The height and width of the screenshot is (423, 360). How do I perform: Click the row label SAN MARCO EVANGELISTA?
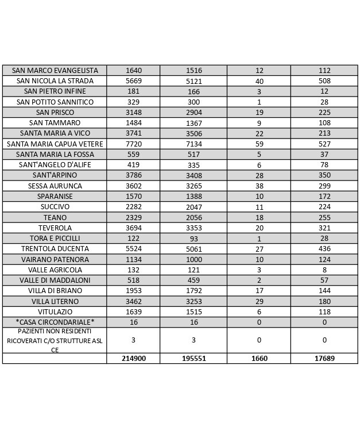click(x=55, y=70)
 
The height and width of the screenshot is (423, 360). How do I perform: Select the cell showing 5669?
click(x=133, y=81)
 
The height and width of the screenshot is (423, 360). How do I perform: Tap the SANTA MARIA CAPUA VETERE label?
click(x=55, y=144)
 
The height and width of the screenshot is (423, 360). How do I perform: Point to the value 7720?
click(x=133, y=144)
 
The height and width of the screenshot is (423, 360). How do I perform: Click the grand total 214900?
click(x=133, y=358)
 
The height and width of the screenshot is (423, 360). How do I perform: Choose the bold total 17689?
click(x=324, y=358)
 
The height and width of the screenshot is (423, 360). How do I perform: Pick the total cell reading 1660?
click(x=259, y=358)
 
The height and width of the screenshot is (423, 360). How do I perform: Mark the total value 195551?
click(x=193, y=358)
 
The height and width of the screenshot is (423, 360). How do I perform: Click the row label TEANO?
click(x=55, y=217)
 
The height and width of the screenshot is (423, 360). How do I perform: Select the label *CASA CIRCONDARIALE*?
click(x=55, y=322)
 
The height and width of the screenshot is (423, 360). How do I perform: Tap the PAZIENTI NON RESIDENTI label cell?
click(x=55, y=340)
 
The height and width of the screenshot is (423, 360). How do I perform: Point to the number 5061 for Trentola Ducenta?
click(x=193, y=249)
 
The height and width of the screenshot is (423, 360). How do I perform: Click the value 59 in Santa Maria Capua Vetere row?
click(x=259, y=144)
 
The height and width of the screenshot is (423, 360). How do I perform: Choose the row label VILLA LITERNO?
click(x=55, y=301)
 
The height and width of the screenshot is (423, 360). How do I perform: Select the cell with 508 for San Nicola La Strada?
click(x=324, y=81)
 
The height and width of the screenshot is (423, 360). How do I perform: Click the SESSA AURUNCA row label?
click(x=55, y=186)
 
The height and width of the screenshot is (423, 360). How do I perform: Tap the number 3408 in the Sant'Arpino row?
click(x=193, y=175)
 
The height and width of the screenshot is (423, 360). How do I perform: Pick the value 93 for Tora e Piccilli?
click(x=193, y=238)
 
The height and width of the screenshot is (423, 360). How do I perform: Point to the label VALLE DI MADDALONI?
click(x=55, y=280)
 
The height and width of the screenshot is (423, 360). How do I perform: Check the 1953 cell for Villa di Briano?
click(x=133, y=290)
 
